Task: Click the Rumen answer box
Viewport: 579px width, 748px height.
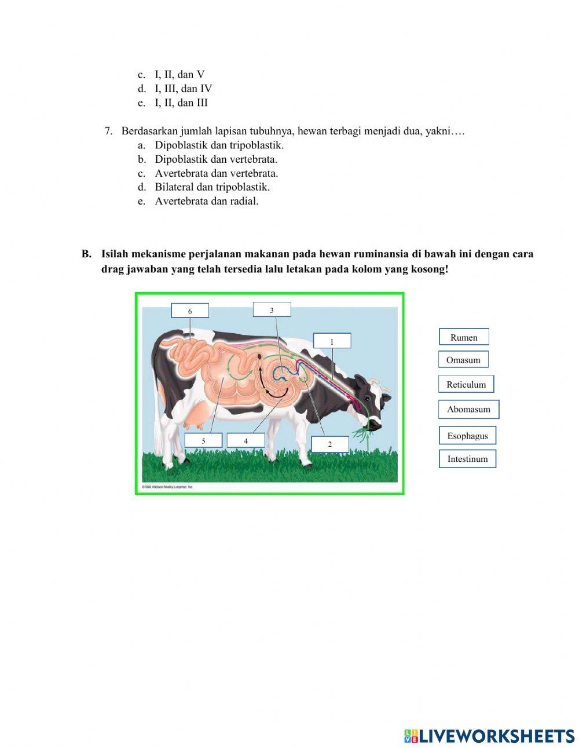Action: click(464, 337)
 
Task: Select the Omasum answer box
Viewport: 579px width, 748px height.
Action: click(463, 360)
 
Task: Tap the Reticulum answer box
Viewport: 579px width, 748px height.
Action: click(466, 384)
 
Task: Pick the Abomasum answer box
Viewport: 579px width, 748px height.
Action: click(468, 409)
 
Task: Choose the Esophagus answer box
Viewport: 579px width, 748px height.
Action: click(467, 436)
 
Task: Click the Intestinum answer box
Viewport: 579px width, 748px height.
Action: click(467, 459)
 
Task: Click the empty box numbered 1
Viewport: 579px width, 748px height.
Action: click(332, 341)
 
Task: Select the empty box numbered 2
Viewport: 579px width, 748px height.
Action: click(330, 444)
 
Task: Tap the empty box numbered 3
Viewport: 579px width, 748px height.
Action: click(272, 310)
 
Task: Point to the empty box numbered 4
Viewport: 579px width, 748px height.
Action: click(245, 441)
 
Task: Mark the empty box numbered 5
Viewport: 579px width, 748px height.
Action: click(203, 441)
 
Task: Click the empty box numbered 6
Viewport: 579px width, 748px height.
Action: click(190, 311)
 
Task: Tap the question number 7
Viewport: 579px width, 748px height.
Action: click(108, 131)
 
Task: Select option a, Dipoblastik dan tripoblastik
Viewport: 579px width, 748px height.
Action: click(219, 145)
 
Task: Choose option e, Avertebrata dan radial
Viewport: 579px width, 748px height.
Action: click(206, 201)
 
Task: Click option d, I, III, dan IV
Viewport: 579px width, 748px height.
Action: click(183, 89)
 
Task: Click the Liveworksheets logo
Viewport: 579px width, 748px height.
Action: click(489, 736)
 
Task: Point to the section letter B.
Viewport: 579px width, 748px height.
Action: click(86, 254)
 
